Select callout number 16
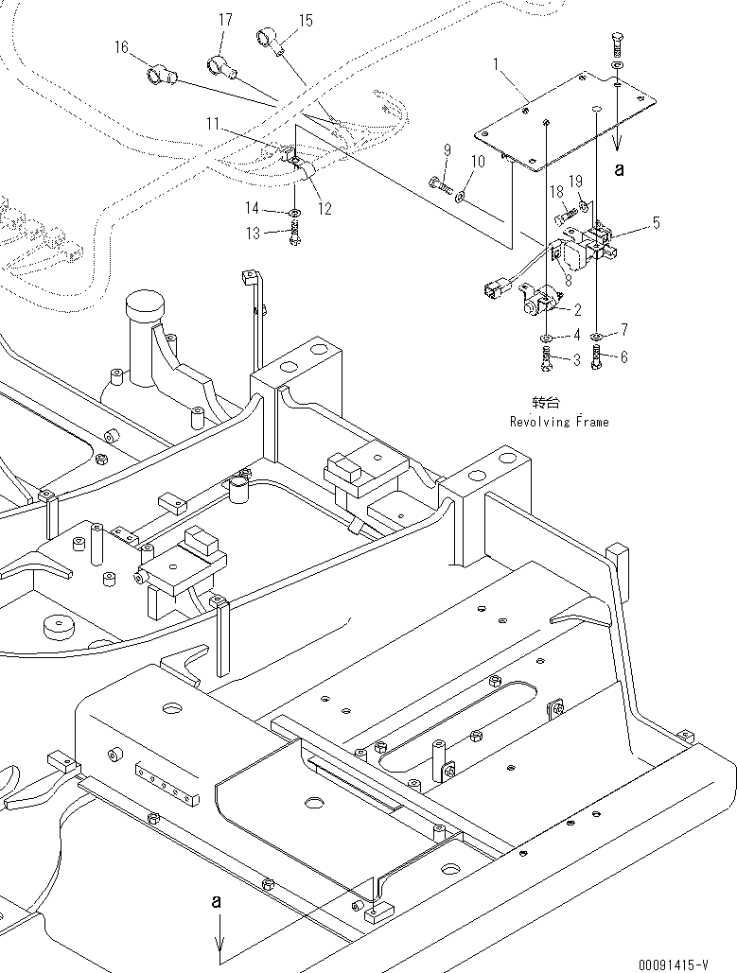click(x=121, y=47)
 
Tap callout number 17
click(x=224, y=20)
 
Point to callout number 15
click(x=306, y=20)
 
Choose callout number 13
click(x=253, y=234)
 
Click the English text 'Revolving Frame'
click(x=559, y=422)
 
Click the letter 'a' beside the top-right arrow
click(x=620, y=170)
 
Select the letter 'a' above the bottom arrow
click(x=216, y=904)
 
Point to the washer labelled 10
click(x=460, y=197)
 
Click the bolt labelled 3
click(x=548, y=358)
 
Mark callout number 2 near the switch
click(x=577, y=309)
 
